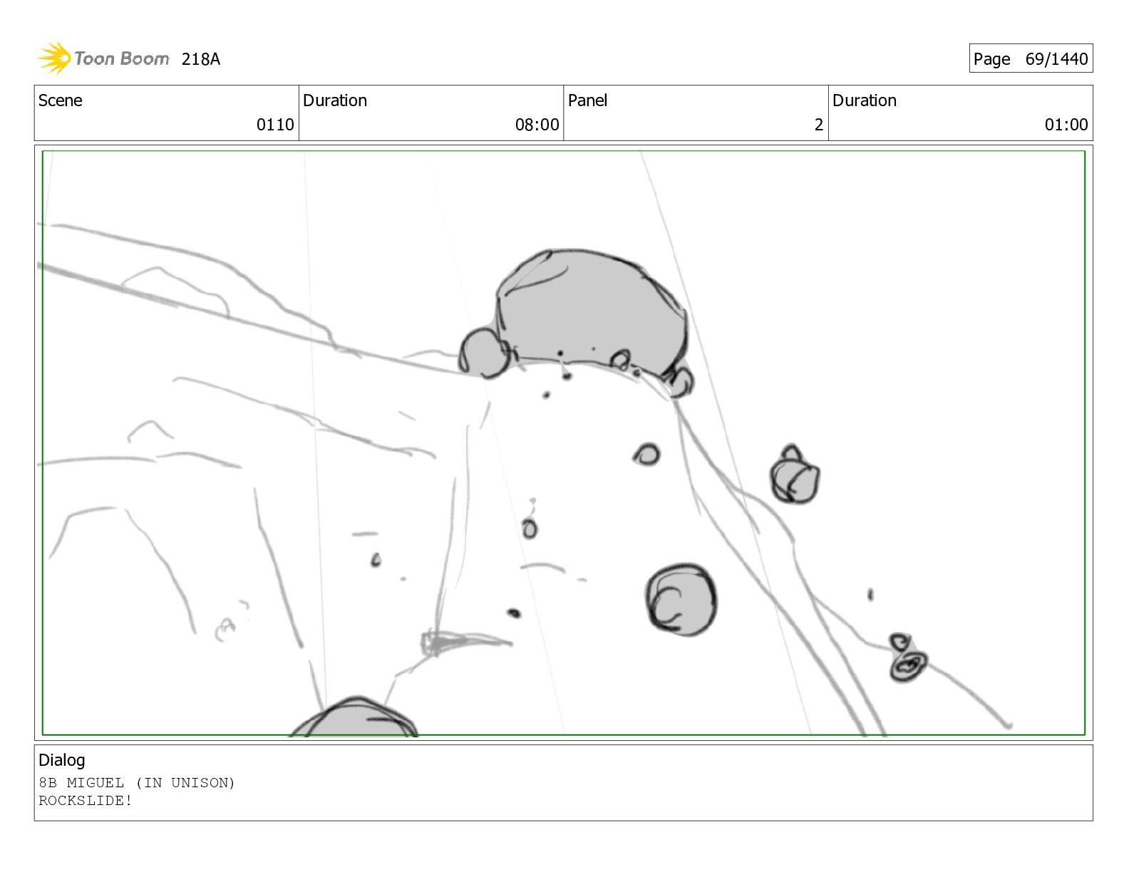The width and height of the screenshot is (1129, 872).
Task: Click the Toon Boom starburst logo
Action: pyautogui.click(x=54, y=58)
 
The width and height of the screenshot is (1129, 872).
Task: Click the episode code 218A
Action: pyautogui.click(x=200, y=59)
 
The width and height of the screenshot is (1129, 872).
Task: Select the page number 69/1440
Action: pyautogui.click(x=1056, y=58)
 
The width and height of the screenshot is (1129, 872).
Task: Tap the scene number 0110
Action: pyautogui.click(x=275, y=125)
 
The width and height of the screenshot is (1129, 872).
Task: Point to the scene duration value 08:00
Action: pyautogui.click(x=537, y=125)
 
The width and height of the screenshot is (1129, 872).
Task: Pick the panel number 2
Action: pyautogui.click(x=818, y=125)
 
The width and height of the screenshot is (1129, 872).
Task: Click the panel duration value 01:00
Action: pyautogui.click(x=1066, y=125)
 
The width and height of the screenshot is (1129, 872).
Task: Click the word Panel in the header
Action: pyautogui.click(x=587, y=100)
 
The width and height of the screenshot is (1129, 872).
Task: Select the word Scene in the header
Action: pyautogui.click(x=61, y=100)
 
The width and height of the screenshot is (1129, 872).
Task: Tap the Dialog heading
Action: pyautogui.click(x=62, y=760)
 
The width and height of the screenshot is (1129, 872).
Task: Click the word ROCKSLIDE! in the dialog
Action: pyautogui.click(x=86, y=800)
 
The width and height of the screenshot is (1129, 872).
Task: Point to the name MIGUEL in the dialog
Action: pyautogui.click(x=95, y=783)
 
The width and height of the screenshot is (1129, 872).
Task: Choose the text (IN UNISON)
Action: pyautogui.click(x=185, y=783)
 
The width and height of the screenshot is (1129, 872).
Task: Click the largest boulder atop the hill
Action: pyautogui.click(x=592, y=311)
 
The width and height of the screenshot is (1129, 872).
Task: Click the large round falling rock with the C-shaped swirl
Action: pyautogui.click(x=681, y=600)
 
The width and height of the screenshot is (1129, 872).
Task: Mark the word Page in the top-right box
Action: pyautogui.click(x=991, y=59)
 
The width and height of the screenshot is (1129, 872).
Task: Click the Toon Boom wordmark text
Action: pyautogui.click(x=122, y=58)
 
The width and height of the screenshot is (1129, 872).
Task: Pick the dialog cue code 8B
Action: pyautogui.click(x=47, y=783)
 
